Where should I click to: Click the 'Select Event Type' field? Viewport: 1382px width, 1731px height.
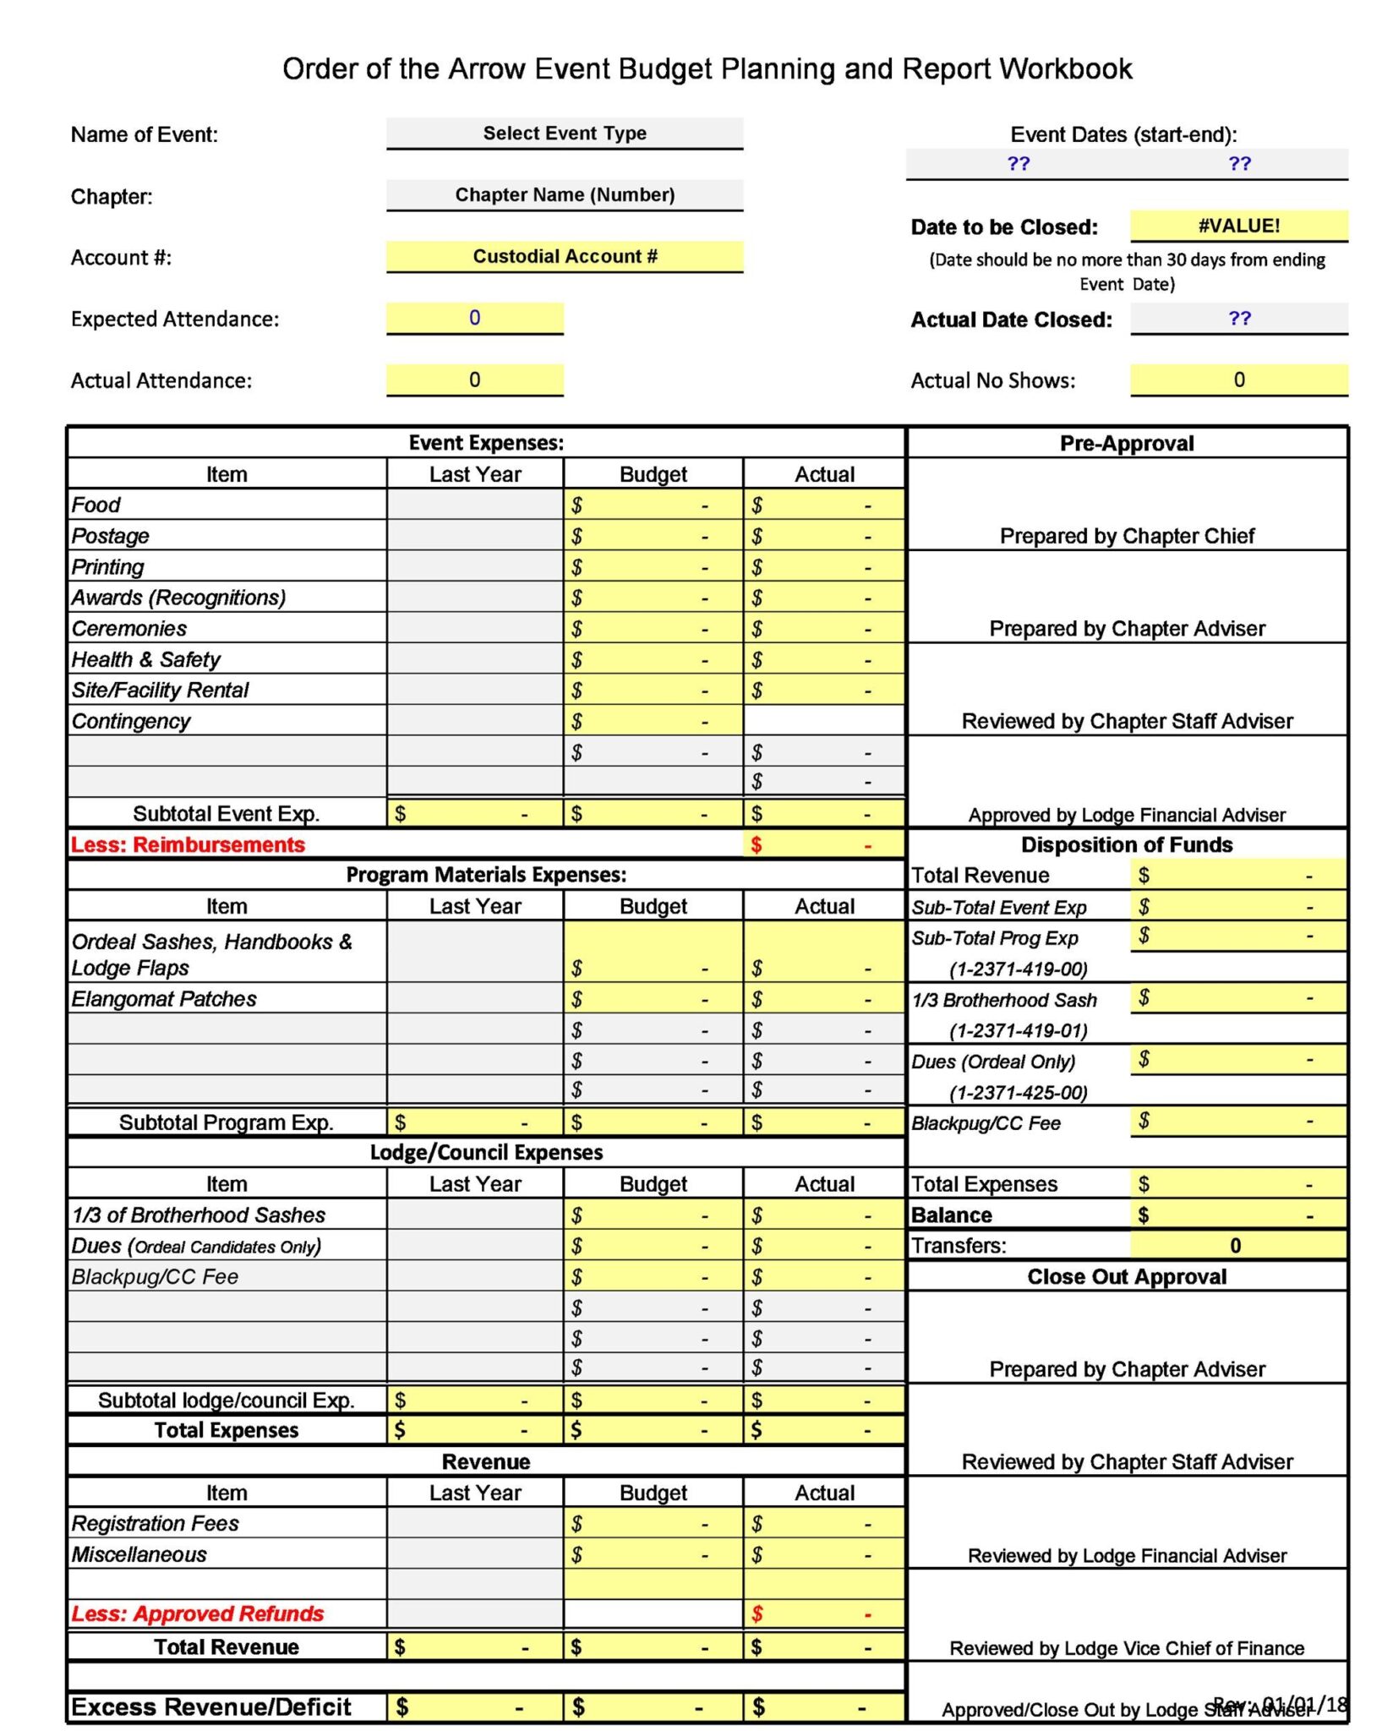pos(565,134)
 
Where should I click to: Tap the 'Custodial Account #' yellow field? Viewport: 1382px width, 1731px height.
pos(565,257)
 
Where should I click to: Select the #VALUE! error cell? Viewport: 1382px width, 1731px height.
pos(1238,226)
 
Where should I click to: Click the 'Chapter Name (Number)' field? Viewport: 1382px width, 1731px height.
pos(565,195)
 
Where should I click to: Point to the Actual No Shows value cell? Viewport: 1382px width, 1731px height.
pos(1238,380)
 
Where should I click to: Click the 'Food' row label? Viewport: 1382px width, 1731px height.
pos(96,505)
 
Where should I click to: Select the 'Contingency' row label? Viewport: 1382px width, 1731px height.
pos(131,722)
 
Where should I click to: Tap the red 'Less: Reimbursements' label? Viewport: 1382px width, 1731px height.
pos(188,845)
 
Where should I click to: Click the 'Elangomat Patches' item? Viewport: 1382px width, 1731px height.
pos(164,999)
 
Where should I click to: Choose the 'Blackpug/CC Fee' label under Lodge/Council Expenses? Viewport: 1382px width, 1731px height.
pos(155,1277)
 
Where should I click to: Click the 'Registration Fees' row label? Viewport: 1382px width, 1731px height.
pos(155,1524)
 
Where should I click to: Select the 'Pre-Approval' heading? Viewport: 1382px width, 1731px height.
pos(1127,444)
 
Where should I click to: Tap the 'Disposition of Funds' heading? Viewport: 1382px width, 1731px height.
pos(1127,845)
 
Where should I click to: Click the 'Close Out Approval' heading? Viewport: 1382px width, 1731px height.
pos(1127,1277)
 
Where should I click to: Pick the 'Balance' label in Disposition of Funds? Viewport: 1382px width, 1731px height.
pos(952,1215)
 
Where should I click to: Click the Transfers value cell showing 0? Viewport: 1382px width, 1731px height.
pos(1237,1246)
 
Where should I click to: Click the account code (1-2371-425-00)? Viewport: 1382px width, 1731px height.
pos(1018,1093)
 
